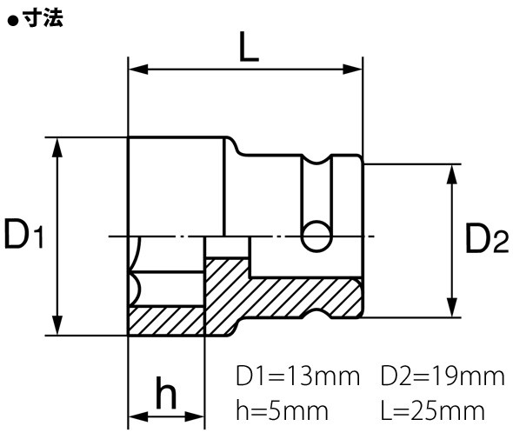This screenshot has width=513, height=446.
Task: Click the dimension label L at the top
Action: pyautogui.click(x=248, y=48)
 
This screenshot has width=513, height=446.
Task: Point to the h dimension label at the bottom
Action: pyautogui.click(x=166, y=396)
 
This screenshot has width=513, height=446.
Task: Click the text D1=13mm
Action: pyautogui.click(x=297, y=377)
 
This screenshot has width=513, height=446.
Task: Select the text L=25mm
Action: pyautogui.click(x=431, y=408)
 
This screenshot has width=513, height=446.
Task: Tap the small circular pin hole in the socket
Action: pyautogui.click(x=316, y=235)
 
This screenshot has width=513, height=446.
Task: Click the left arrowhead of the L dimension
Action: pyautogui.click(x=136, y=69)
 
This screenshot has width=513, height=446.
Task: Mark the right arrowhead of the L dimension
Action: pyautogui.click(x=356, y=69)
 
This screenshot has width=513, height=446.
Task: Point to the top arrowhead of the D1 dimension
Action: pyautogui.click(x=59, y=145)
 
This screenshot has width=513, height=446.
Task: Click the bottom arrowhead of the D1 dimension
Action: pyautogui.click(x=59, y=326)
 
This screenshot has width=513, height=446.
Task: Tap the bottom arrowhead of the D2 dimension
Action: pyautogui.click(x=450, y=310)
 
